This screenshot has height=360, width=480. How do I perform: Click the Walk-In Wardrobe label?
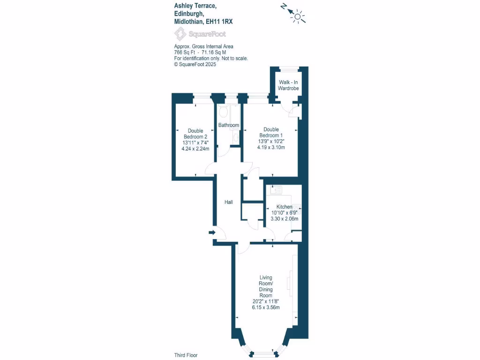tap(288, 85)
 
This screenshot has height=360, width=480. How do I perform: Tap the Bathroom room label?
tap(229, 125)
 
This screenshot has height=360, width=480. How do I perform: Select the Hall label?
tap(229, 202)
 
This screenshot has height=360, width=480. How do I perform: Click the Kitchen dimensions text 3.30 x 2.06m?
tap(285, 218)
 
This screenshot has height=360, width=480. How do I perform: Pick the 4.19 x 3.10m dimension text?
tap(271, 147)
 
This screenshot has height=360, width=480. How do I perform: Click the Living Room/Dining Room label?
tap(266, 286)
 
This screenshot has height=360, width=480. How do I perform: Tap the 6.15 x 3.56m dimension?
tap(266, 307)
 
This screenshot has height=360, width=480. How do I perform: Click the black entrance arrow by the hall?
tap(212, 232)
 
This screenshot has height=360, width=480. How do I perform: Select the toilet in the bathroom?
tap(224, 112)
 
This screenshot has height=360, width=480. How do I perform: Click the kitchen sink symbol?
tap(275, 190)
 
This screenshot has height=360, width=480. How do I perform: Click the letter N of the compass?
tap(283, 6)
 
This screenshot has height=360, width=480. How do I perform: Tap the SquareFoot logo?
tap(200, 34)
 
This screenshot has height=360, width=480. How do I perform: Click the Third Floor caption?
tap(186, 355)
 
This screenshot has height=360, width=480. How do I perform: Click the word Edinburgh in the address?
tap(189, 13)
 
